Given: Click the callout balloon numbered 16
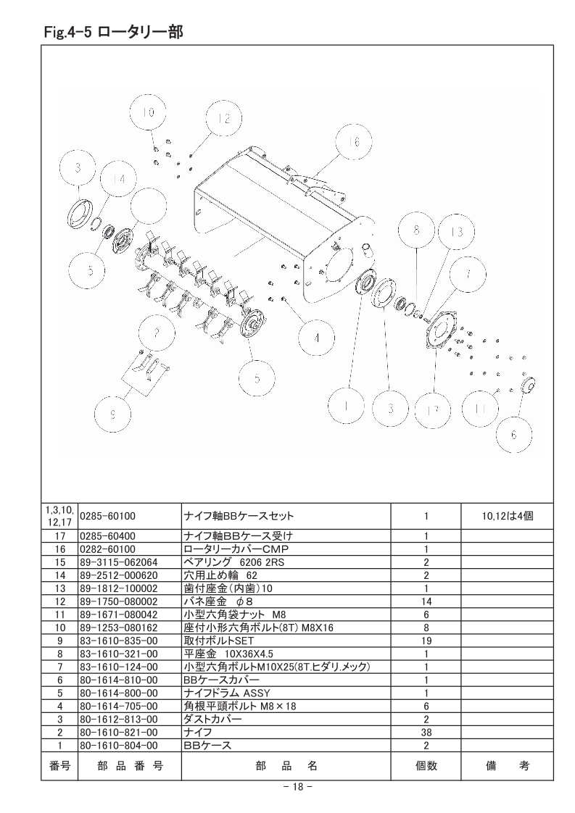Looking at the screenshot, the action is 354,141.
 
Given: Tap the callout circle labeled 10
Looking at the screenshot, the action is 148,113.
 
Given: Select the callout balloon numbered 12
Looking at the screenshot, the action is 223,120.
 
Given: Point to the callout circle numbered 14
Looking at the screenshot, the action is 119,180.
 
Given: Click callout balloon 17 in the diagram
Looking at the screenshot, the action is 432,410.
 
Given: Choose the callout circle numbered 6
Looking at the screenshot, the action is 514,435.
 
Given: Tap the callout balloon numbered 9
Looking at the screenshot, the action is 112,414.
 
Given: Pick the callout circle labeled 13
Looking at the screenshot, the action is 457,232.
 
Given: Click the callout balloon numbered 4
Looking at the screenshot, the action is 317,338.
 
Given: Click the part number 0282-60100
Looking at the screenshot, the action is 107,549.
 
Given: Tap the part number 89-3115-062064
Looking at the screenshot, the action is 119,562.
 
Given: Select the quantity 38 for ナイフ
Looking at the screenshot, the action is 426,732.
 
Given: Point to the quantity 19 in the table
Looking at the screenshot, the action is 426,641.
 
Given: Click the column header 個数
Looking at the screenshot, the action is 426,765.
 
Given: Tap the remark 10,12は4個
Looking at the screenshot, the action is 507,516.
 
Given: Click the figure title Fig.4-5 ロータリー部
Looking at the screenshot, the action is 113,33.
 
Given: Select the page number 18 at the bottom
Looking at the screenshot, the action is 297,787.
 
